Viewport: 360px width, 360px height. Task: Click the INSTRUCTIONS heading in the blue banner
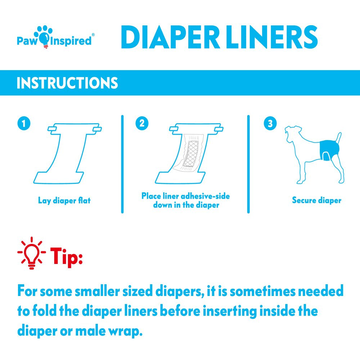(x=67, y=83)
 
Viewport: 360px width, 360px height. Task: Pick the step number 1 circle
(x=24, y=124)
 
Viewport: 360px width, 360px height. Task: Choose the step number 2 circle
(x=142, y=124)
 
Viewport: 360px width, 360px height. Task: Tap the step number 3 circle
(x=270, y=124)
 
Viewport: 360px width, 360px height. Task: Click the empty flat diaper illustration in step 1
(x=67, y=155)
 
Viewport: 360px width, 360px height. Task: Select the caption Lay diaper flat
(x=64, y=201)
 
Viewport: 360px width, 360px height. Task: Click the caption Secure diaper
(x=316, y=201)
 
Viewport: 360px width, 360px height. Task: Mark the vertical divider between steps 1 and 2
(x=122, y=164)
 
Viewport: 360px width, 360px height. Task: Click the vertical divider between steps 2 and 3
(x=248, y=164)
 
